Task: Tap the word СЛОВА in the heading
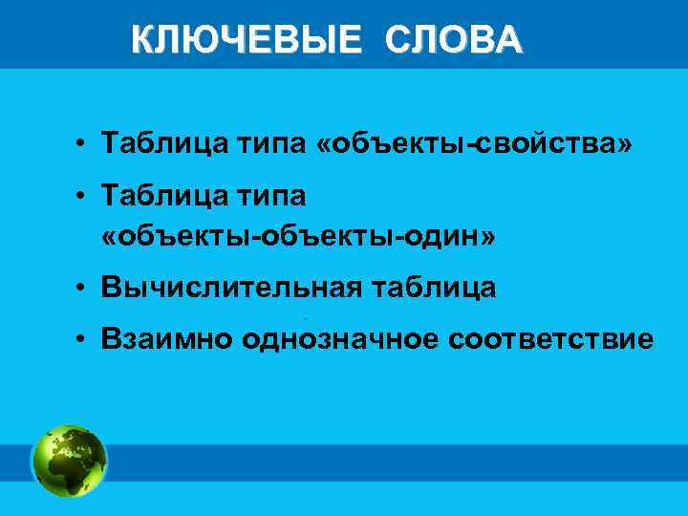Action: (x=454, y=39)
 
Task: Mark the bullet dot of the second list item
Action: (x=86, y=198)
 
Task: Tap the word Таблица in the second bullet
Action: (x=158, y=197)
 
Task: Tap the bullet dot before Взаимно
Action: (x=86, y=339)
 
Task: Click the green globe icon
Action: (x=69, y=461)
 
